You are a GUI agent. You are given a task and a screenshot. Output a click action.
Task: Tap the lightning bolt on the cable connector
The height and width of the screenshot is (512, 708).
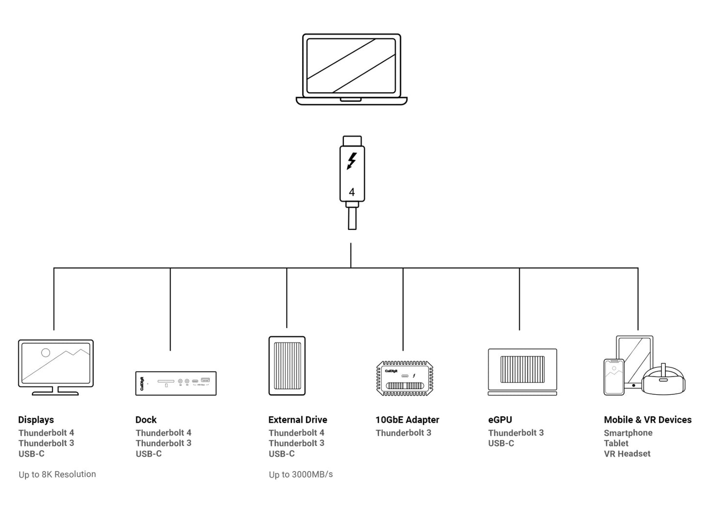pos(351,161)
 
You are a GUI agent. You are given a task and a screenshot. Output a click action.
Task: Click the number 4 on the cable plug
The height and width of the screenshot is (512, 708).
pos(351,192)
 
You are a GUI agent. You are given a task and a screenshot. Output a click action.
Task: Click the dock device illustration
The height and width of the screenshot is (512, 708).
pos(175,383)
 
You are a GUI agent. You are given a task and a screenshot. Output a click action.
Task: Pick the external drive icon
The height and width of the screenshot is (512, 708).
pos(287,366)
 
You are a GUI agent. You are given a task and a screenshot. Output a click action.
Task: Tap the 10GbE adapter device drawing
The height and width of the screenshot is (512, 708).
pos(404,379)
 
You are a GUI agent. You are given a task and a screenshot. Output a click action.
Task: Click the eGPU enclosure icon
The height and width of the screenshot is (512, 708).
pos(522,372)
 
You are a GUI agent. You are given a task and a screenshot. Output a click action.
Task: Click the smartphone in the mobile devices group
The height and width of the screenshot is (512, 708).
pos(613,377)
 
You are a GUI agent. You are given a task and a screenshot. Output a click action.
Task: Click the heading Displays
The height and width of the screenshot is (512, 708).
pos(36,420)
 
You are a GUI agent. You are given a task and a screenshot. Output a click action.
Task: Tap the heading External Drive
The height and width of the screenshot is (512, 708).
pos(297,420)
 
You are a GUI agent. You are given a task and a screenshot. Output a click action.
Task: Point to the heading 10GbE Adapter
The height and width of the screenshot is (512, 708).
pos(407,420)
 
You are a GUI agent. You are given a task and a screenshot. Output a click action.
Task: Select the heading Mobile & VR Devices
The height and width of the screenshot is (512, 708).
pos(647,420)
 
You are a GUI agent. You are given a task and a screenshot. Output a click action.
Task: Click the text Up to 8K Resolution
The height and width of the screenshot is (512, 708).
pos(57,474)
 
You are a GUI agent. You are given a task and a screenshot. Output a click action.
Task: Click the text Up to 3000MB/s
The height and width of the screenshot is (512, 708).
pos(301,474)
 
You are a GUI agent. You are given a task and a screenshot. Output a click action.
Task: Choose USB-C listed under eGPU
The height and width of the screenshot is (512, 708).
pos(501,443)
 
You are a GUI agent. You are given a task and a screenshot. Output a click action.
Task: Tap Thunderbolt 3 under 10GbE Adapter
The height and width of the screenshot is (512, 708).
pos(403,433)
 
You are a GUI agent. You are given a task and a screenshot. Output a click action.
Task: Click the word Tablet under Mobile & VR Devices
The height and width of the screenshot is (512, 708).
pos(616,443)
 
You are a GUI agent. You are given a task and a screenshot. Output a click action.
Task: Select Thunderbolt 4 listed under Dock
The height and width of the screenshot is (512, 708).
pos(163,433)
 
